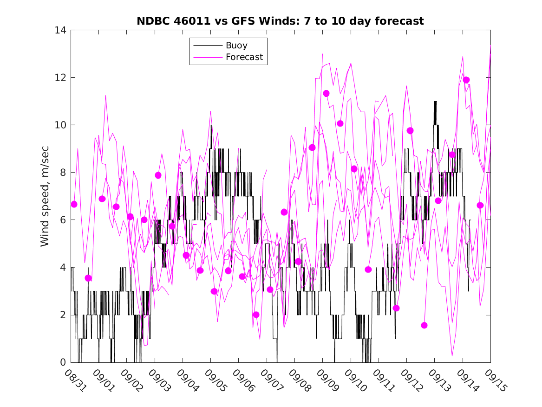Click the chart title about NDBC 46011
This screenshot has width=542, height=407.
click(280, 21)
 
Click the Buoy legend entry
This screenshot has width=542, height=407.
click(236, 46)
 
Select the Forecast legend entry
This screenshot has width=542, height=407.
click(244, 57)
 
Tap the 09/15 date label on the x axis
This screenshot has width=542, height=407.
click(495, 379)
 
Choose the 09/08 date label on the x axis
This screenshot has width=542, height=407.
click(299, 379)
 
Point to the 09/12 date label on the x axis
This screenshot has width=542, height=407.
click(411, 379)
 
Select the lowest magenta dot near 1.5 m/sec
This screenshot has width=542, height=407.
click(424, 325)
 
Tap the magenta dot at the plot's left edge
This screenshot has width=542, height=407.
click(74, 204)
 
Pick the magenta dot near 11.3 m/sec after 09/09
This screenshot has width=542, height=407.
click(326, 93)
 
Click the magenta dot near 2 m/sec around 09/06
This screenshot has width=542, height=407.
click(256, 314)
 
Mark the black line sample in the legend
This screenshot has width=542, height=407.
click(207, 46)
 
